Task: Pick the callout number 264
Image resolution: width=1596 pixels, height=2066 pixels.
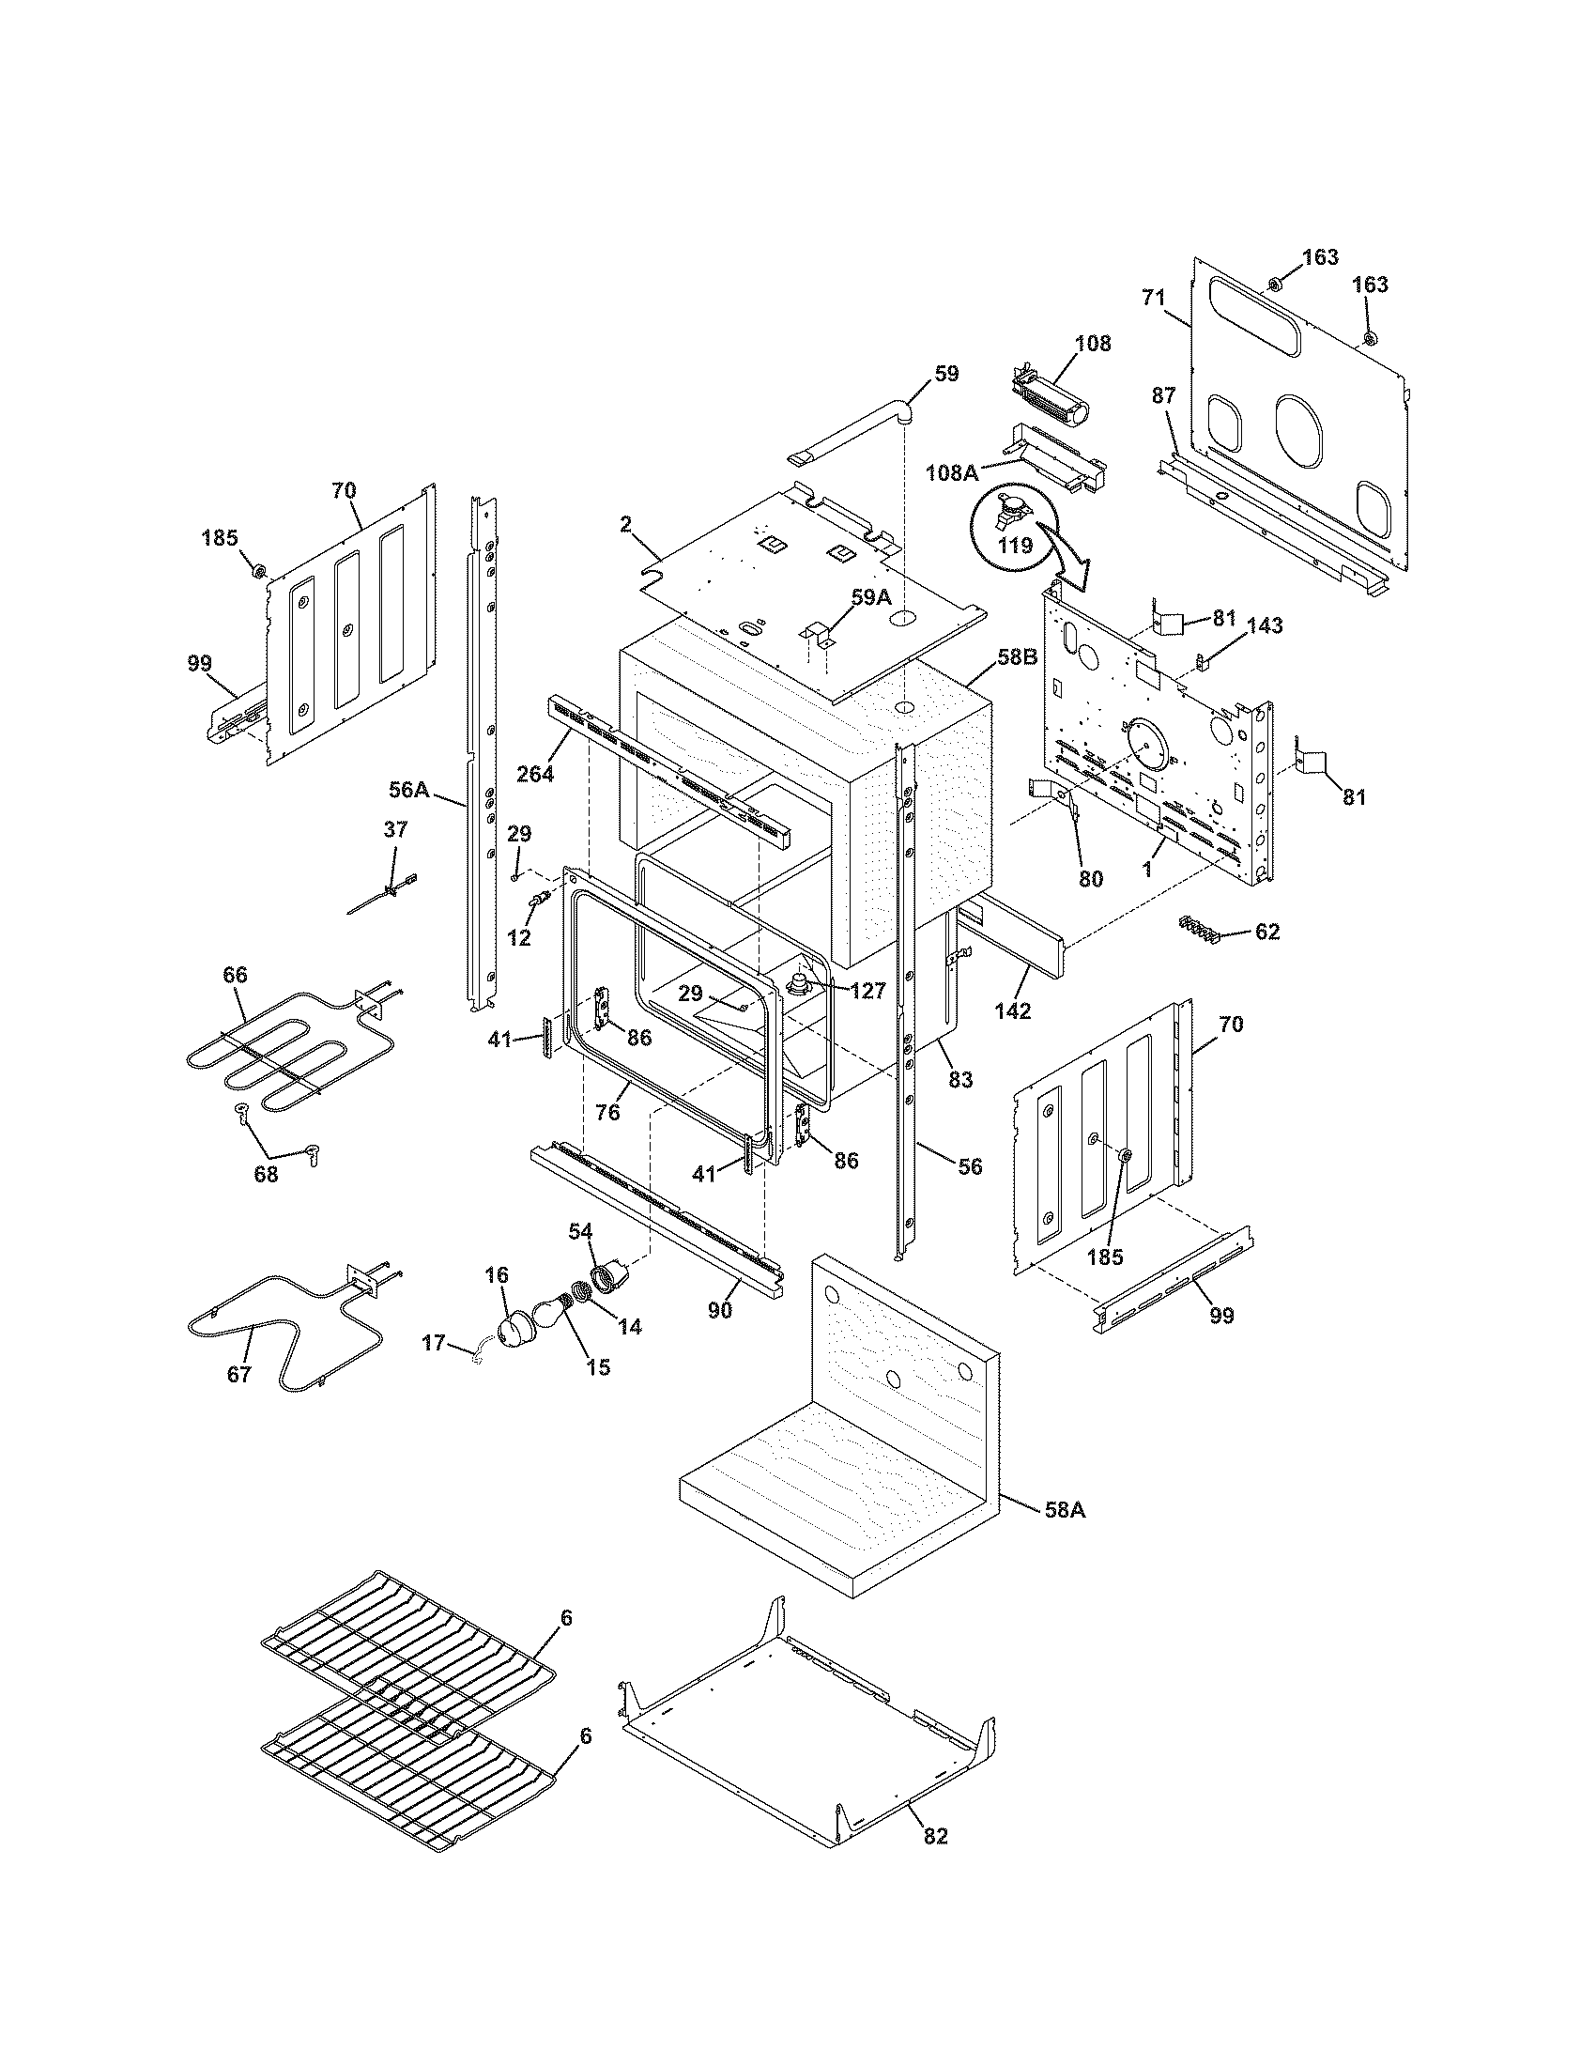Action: (535, 773)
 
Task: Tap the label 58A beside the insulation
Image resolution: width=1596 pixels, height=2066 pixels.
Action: (1065, 1511)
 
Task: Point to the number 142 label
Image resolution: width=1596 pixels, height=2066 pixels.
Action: (1013, 1010)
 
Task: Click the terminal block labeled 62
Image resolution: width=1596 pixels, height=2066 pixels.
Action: (1198, 930)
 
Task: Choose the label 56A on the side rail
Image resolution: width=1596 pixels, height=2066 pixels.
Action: (409, 787)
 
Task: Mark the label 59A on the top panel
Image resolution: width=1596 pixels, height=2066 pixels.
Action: (871, 597)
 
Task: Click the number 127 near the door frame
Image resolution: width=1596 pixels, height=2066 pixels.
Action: (867, 991)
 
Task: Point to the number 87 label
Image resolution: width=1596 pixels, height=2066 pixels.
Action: (1164, 395)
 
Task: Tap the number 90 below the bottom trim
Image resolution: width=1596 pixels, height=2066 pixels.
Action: (720, 1311)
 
